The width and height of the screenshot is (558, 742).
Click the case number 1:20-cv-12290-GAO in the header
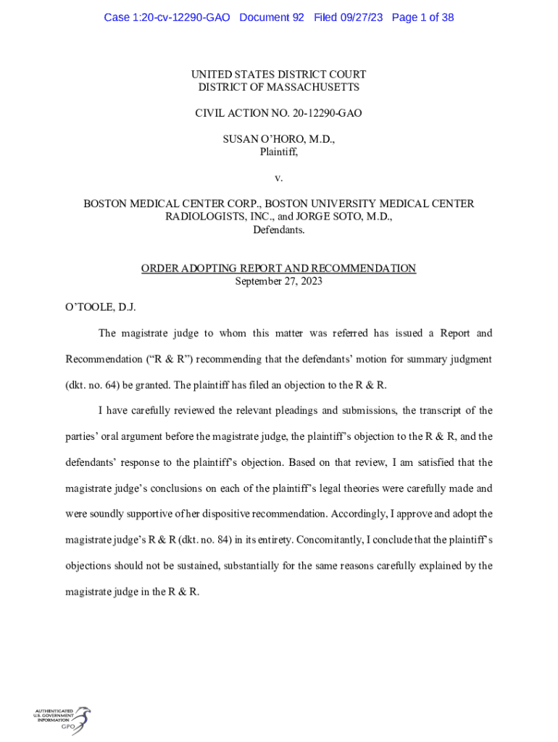(x=167, y=17)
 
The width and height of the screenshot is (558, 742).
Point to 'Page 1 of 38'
(x=422, y=17)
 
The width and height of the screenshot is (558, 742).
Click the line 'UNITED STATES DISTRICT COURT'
(x=279, y=75)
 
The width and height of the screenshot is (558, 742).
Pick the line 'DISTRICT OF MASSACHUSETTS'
(x=279, y=88)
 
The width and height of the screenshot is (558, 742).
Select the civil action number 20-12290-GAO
(x=321, y=113)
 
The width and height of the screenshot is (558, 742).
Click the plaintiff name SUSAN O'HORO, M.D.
(x=279, y=139)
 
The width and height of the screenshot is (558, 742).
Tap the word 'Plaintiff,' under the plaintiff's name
(x=279, y=152)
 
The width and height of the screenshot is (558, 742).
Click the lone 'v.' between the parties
(x=279, y=178)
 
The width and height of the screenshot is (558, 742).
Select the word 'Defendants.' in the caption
(x=279, y=230)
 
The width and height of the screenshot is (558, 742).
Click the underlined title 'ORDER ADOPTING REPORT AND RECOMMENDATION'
(x=279, y=269)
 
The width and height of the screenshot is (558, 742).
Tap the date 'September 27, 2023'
(x=279, y=281)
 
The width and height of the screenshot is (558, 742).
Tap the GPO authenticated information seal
(x=63, y=720)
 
